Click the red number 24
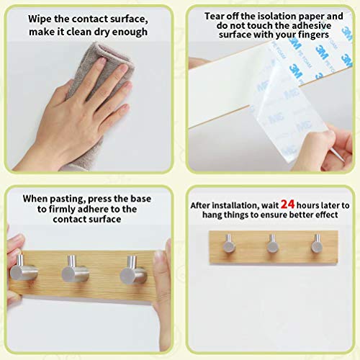(x=287, y=204)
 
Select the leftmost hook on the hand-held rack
(x=22, y=269)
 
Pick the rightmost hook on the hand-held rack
(x=133, y=271)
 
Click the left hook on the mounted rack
(x=229, y=244)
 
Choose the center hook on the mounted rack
(x=273, y=244)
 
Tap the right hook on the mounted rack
(x=317, y=243)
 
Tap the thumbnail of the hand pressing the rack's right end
(x=158, y=257)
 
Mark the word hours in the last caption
(x=308, y=205)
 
